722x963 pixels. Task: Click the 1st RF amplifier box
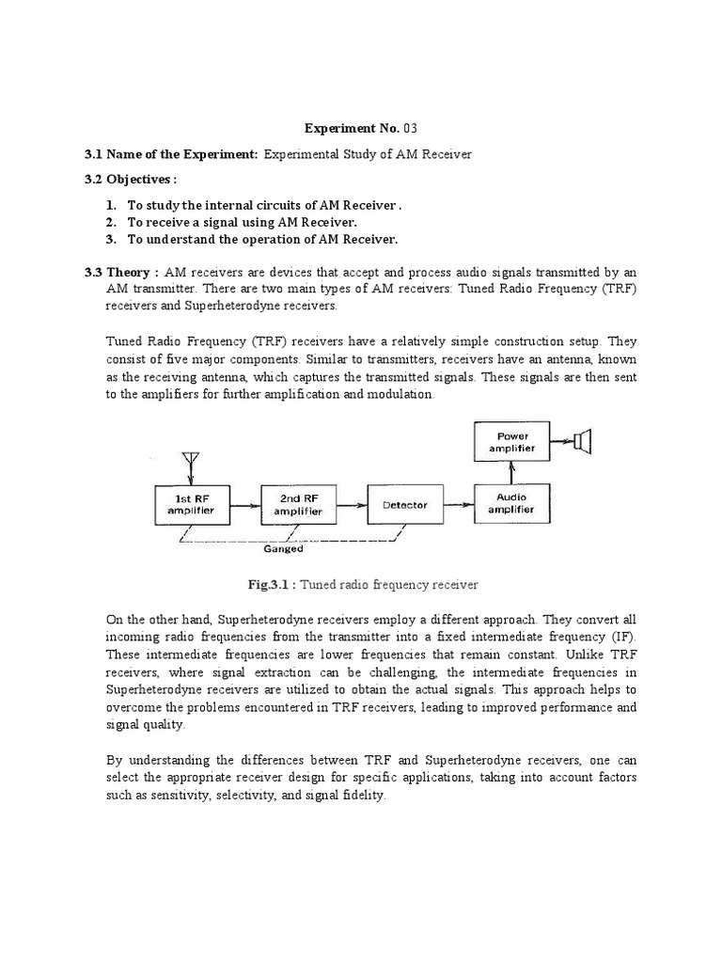[x=190, y=504]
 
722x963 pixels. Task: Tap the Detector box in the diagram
[x=404, y=505]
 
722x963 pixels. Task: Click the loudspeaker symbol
[x=585, y=439]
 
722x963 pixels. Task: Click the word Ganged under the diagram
[x=283, y=549]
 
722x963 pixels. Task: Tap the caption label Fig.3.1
[x=270, y=585]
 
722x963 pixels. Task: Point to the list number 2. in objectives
[x=110, y=222]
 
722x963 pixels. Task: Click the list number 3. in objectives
[x=110, y=240]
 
